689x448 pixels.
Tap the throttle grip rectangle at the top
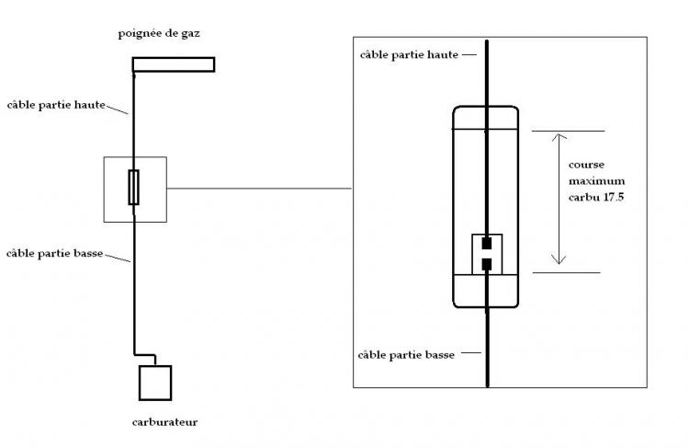click(174, 64)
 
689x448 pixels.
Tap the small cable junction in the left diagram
click(134, 188)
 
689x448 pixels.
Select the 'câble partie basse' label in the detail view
click(410, 353)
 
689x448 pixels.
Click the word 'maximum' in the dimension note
click(596, 181)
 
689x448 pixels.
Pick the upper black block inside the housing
click(487, 246)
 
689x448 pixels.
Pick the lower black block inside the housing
click(487, 264)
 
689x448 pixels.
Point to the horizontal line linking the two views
click(260, 189)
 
